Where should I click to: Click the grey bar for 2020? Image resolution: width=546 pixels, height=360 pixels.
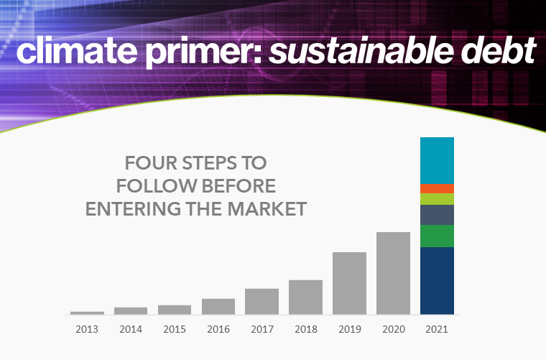tap(393, 273)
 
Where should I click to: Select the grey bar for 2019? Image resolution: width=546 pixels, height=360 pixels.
tap(349, 283)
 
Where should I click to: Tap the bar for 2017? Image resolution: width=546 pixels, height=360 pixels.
tap(262, 302)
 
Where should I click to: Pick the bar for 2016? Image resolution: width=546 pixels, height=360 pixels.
tap(218, 307)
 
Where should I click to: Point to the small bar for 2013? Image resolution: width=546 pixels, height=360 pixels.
tap(87, 313)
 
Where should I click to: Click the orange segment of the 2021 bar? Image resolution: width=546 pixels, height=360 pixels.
tap(437, 188)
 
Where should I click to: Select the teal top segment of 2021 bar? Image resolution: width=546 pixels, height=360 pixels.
tap(437, 160)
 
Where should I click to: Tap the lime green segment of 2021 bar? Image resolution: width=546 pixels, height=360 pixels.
tap(437, 199)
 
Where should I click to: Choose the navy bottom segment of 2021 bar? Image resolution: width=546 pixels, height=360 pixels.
tap(437, 281)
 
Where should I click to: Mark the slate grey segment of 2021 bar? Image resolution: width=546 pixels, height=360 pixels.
tap(437, 215)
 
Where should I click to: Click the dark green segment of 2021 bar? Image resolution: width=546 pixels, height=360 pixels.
tap(437, 236)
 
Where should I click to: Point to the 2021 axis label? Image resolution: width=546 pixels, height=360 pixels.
tap(437, 329)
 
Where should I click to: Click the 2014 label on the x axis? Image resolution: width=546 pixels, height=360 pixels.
tap(131, 329)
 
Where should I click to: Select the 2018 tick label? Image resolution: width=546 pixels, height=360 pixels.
tap(306, 329)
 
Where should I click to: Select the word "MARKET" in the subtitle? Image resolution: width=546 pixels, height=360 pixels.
tap(267, 209)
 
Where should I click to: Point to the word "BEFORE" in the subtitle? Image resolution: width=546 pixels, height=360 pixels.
tap(239, 186)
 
